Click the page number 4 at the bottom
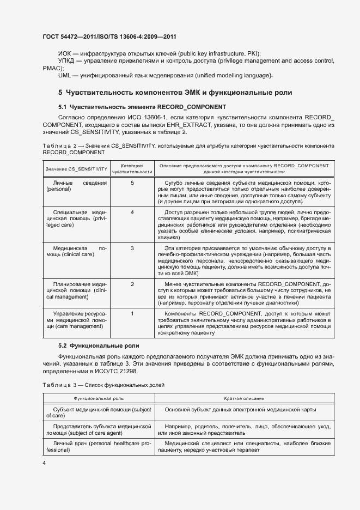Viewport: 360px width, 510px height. (44, 463)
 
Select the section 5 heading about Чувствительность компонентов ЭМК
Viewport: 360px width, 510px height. (175, 93)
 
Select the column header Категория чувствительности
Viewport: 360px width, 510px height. (132, 168)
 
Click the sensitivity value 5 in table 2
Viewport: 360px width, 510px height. (132, 183)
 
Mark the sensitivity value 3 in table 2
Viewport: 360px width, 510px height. (132, 248)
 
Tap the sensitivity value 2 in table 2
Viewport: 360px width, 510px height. (132, 284)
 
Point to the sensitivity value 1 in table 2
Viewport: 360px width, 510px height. (132, 313)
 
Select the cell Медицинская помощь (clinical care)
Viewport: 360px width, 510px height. (76, 251)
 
